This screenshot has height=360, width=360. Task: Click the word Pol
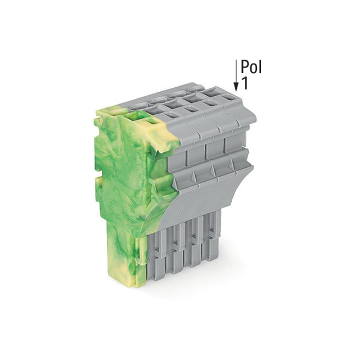(251, 67)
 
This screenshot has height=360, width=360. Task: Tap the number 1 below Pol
(245, 83)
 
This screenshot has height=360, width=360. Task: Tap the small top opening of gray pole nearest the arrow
(228, 97)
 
